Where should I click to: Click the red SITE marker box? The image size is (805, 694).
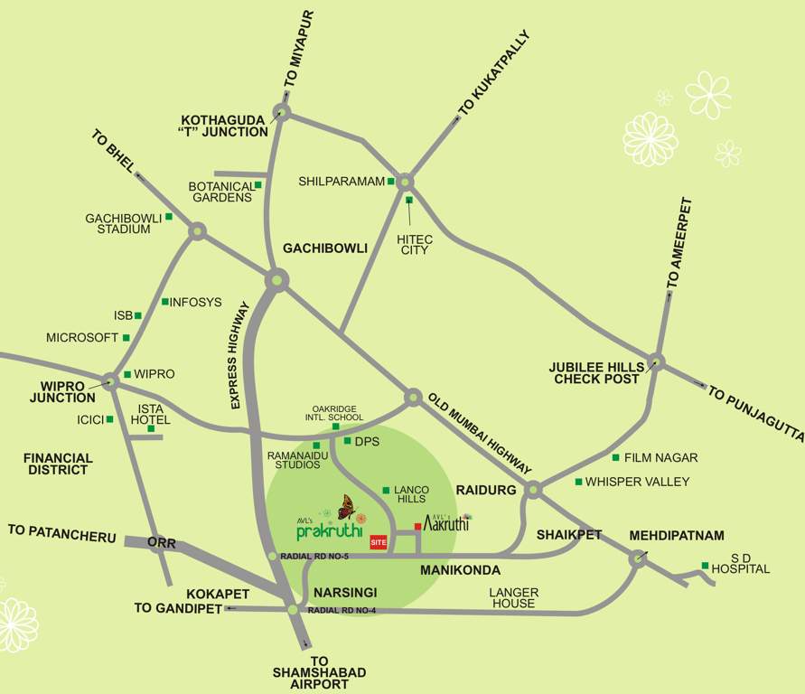pos(379,542)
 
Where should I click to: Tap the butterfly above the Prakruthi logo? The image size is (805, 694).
pos(346,507)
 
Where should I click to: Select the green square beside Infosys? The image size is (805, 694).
pos(164,302)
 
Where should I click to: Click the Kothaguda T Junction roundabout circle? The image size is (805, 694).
pos(282,113)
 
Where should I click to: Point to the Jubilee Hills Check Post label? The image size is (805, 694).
pos(596,373)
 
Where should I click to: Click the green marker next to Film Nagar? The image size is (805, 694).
pos(616,457)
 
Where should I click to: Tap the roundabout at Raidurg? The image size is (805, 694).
pos(533,489)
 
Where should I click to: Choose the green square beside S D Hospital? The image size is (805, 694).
pos(705,566)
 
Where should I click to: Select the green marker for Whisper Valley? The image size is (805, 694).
pos(578,482)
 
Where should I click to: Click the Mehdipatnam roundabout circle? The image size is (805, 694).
pos(638,559)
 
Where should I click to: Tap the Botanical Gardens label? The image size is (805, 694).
pos(220,192)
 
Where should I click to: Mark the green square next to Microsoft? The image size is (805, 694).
pos(126,338)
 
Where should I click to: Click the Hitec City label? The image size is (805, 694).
pos(415,244)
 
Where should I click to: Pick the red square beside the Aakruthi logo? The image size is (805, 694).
pos(417,526)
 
